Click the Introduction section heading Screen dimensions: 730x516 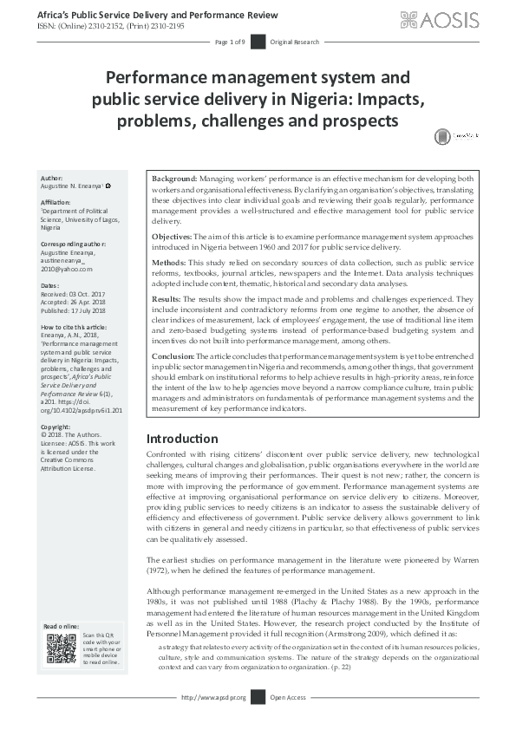[x=182, y=439]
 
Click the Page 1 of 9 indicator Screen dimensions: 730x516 [x=230, y=42]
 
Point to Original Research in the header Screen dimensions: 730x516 [x=295, y=42]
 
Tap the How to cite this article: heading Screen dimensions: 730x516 [x=76, y=327]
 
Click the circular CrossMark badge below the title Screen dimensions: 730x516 [x=444, y=135]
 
